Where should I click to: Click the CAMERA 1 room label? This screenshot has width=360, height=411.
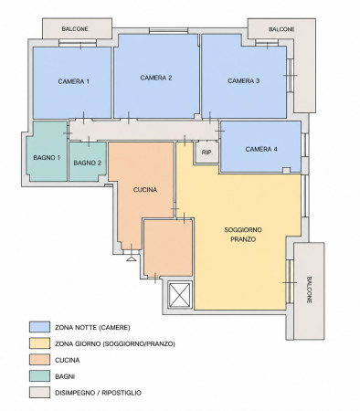pyautogui.click(x=74, y=81)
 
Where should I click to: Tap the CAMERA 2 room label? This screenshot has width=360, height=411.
pyautogui.click(x=156, y=78)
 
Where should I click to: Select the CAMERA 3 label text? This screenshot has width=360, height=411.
pyautogui.click(x=244, y=80)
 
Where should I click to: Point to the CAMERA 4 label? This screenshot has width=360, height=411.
pyautogui.click(x=261, y=149)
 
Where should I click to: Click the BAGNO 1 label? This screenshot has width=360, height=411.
pyautogui.click(x=47, y=157)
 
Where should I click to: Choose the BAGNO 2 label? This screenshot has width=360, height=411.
pyautogui.click(x=88, y=163)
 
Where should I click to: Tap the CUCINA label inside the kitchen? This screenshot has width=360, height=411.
pyautogui.click(x=145, y=190)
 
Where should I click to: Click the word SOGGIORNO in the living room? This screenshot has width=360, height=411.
pyautogui.click(x=243, y=229)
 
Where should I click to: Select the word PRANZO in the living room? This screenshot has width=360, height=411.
pyautogui.click(x=243, y=239)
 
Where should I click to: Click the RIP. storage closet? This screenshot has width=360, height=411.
pyautogui.click(x=206, y=153)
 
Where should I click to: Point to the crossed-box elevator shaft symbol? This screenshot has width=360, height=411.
pyautogui.click(x=180, y=294)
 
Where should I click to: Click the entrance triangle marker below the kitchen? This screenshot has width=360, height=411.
pyautogui.click(x=131, y=258)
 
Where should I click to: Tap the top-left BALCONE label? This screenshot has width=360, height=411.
pyautogui.click(x=75, y=29)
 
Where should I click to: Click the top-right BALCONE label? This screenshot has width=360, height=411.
pyautogui.click(x=281, y=29)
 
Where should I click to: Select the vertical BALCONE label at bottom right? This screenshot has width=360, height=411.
pyautogui.click(x=309, y=290)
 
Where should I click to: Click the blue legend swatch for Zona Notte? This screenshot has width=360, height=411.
pyautogui.click(x=39, y=327)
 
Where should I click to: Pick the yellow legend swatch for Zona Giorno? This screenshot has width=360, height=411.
pyautogui.click(x=39, y=343)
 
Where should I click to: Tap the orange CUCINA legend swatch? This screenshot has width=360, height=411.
pyautogui.click(x=39, y=360)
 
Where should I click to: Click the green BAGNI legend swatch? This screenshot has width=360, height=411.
pyautogui.click(x=39, y=376)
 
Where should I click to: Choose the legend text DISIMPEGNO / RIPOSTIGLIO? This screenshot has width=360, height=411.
pyautogui.click(x=98, y=393)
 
